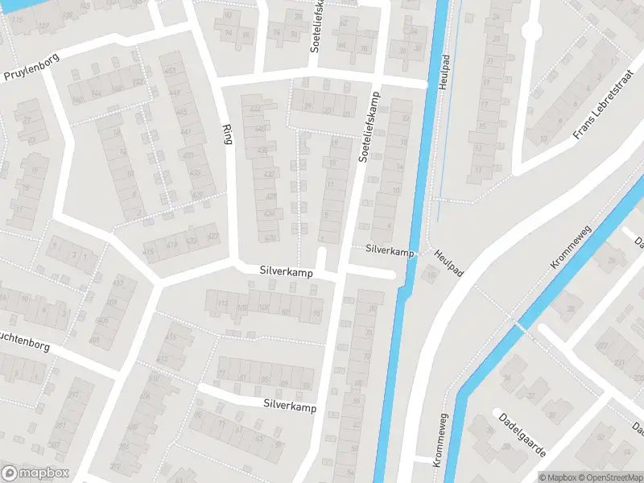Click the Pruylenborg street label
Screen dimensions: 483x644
point(24,73)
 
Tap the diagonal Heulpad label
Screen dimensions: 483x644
point(448,263)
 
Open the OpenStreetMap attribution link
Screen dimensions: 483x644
point(610,477)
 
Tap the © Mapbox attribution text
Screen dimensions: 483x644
point(558,477)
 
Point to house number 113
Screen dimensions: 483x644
point(223,303)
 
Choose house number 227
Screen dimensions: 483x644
point(256,109)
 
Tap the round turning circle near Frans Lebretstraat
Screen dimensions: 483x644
point(530,30)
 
